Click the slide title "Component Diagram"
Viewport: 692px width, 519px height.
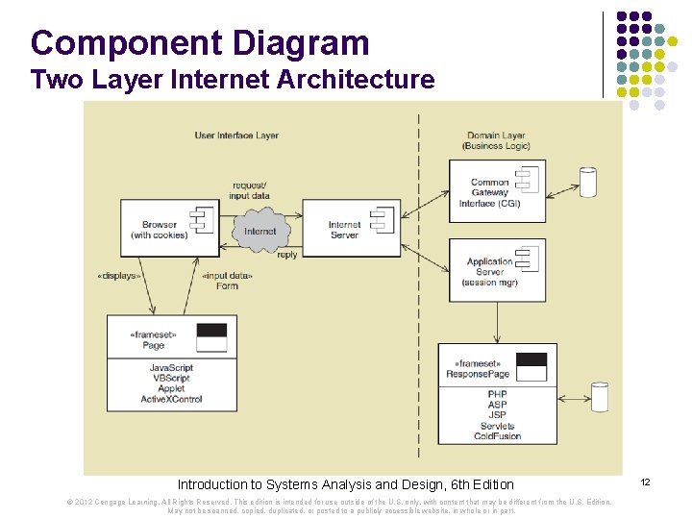pos(200,43)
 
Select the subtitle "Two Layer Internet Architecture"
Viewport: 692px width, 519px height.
pos(232,80)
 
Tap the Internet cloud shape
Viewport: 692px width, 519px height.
pos(259,232)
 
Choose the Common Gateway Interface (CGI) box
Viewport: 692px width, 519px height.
pos(497,191)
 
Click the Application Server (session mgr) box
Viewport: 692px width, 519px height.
pos(497,270)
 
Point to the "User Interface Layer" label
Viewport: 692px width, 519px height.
pos(236,136)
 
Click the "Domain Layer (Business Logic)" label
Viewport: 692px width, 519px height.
pos(496,141)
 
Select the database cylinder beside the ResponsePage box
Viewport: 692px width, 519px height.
pos(600,396)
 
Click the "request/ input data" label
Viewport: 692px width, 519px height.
pos(250,190)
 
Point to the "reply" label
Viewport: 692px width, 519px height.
pos(286,256)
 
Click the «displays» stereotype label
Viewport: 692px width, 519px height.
pos(119,276)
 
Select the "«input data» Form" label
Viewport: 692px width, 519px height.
pos(227,281)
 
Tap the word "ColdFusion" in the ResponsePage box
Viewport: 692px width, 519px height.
pos(497,436)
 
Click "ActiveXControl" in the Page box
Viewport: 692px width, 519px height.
pos(171,399)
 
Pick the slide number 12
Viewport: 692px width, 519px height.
pos(645,481)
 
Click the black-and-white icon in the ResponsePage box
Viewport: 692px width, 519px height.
pos(531,366)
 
